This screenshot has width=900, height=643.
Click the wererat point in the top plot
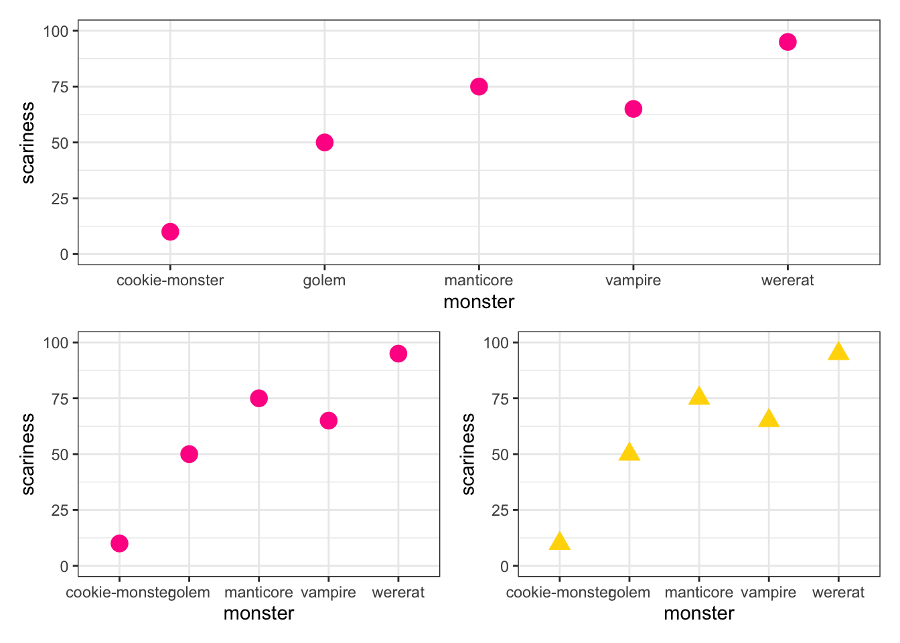click(787, 42)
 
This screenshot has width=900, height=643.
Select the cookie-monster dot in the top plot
click(170, 232)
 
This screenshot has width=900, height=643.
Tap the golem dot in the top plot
click(324, 143)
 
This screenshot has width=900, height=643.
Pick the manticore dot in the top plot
click(479, 86)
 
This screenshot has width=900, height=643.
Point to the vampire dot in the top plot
click(633, 109)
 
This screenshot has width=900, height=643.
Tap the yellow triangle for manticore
click(698, 397)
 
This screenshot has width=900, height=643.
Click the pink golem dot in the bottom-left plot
click(189, 454)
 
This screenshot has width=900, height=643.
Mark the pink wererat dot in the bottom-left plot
click(398, 354)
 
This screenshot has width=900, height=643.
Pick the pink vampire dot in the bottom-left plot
click(328, 421)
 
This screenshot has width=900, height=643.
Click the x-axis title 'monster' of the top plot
click(479, 302)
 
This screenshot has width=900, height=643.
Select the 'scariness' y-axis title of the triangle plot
click(468, 454)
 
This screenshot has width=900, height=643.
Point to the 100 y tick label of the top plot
click(56, 31)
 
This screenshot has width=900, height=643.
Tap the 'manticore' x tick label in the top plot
click(479, 281)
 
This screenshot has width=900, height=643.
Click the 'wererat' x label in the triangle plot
click(838, 593)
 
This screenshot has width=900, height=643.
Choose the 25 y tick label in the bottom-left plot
click(60, 510)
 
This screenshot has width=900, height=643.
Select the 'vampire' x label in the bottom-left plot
click(328, 593)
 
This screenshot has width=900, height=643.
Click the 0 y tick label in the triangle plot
click(504, 567)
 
